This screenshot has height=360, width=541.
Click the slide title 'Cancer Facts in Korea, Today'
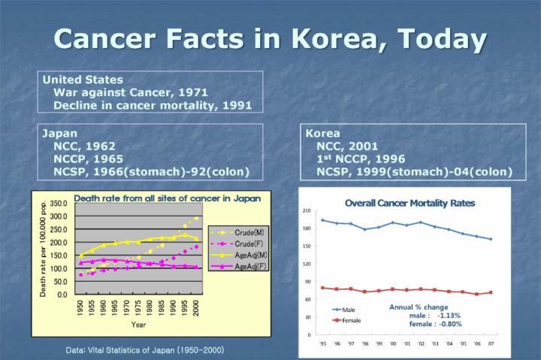pyautogui.click(x=270, y=38)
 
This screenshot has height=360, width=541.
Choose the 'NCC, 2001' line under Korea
pyautogui.click(x=347, y=147)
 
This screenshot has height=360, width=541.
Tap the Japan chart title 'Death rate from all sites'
pyautogui.click(x=167, y=199)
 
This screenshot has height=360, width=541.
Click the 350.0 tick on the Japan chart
pyautogui.click(x=61, y=204)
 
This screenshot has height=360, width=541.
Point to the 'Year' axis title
pyautogui.click(x=138, y=325)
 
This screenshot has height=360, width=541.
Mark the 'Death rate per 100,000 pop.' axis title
pyautogui.click(x=44, y=247)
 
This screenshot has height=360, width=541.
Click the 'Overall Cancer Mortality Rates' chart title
pyautogui.click(x=410, y=202)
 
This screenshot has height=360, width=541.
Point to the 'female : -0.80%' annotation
pyautogui.click(x=435, y=324)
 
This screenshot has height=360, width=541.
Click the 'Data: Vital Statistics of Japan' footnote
pyautogui.click(x=144, y=350)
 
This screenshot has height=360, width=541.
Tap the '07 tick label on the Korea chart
pyautogui.click(x=490, y=343)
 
